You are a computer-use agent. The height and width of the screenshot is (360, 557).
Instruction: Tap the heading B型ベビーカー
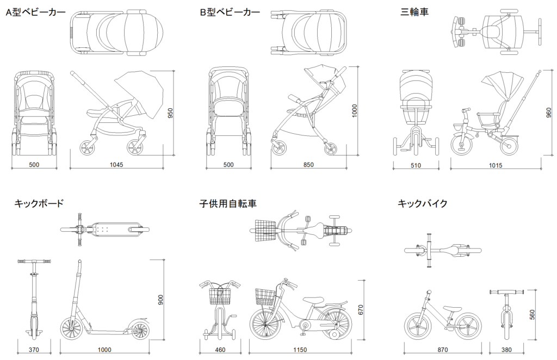click(229, 12)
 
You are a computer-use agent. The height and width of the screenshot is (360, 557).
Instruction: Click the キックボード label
click(39, 204)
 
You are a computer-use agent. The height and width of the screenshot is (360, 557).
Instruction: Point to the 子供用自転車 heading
click(228, 204)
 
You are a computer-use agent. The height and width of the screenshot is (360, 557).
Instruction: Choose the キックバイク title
click(423, 204)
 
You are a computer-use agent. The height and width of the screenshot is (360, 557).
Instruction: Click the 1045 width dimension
click(117, 165)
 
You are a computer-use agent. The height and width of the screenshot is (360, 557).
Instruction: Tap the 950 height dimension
click(170, 113)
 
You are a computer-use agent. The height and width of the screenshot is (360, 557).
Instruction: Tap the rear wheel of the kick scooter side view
click(138, 330)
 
